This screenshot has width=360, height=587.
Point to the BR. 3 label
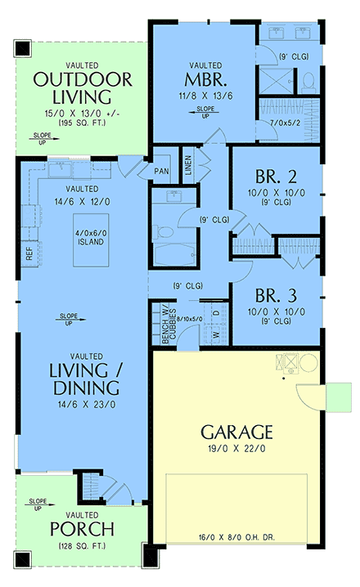[271, 296]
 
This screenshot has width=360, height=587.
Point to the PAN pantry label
[161, 173]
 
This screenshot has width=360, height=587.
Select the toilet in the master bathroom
[308, 81]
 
